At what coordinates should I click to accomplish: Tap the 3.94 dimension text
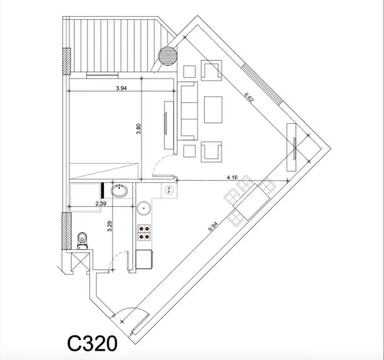pos(120,88)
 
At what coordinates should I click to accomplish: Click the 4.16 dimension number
pos(232,177)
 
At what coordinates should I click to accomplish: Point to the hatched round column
pos(167,56)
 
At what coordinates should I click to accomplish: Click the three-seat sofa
pos(188,112)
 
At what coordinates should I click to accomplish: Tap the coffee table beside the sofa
pos(212,109)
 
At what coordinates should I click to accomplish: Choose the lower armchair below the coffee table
pos(211,152)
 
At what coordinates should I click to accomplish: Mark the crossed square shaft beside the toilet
pos(79,263)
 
